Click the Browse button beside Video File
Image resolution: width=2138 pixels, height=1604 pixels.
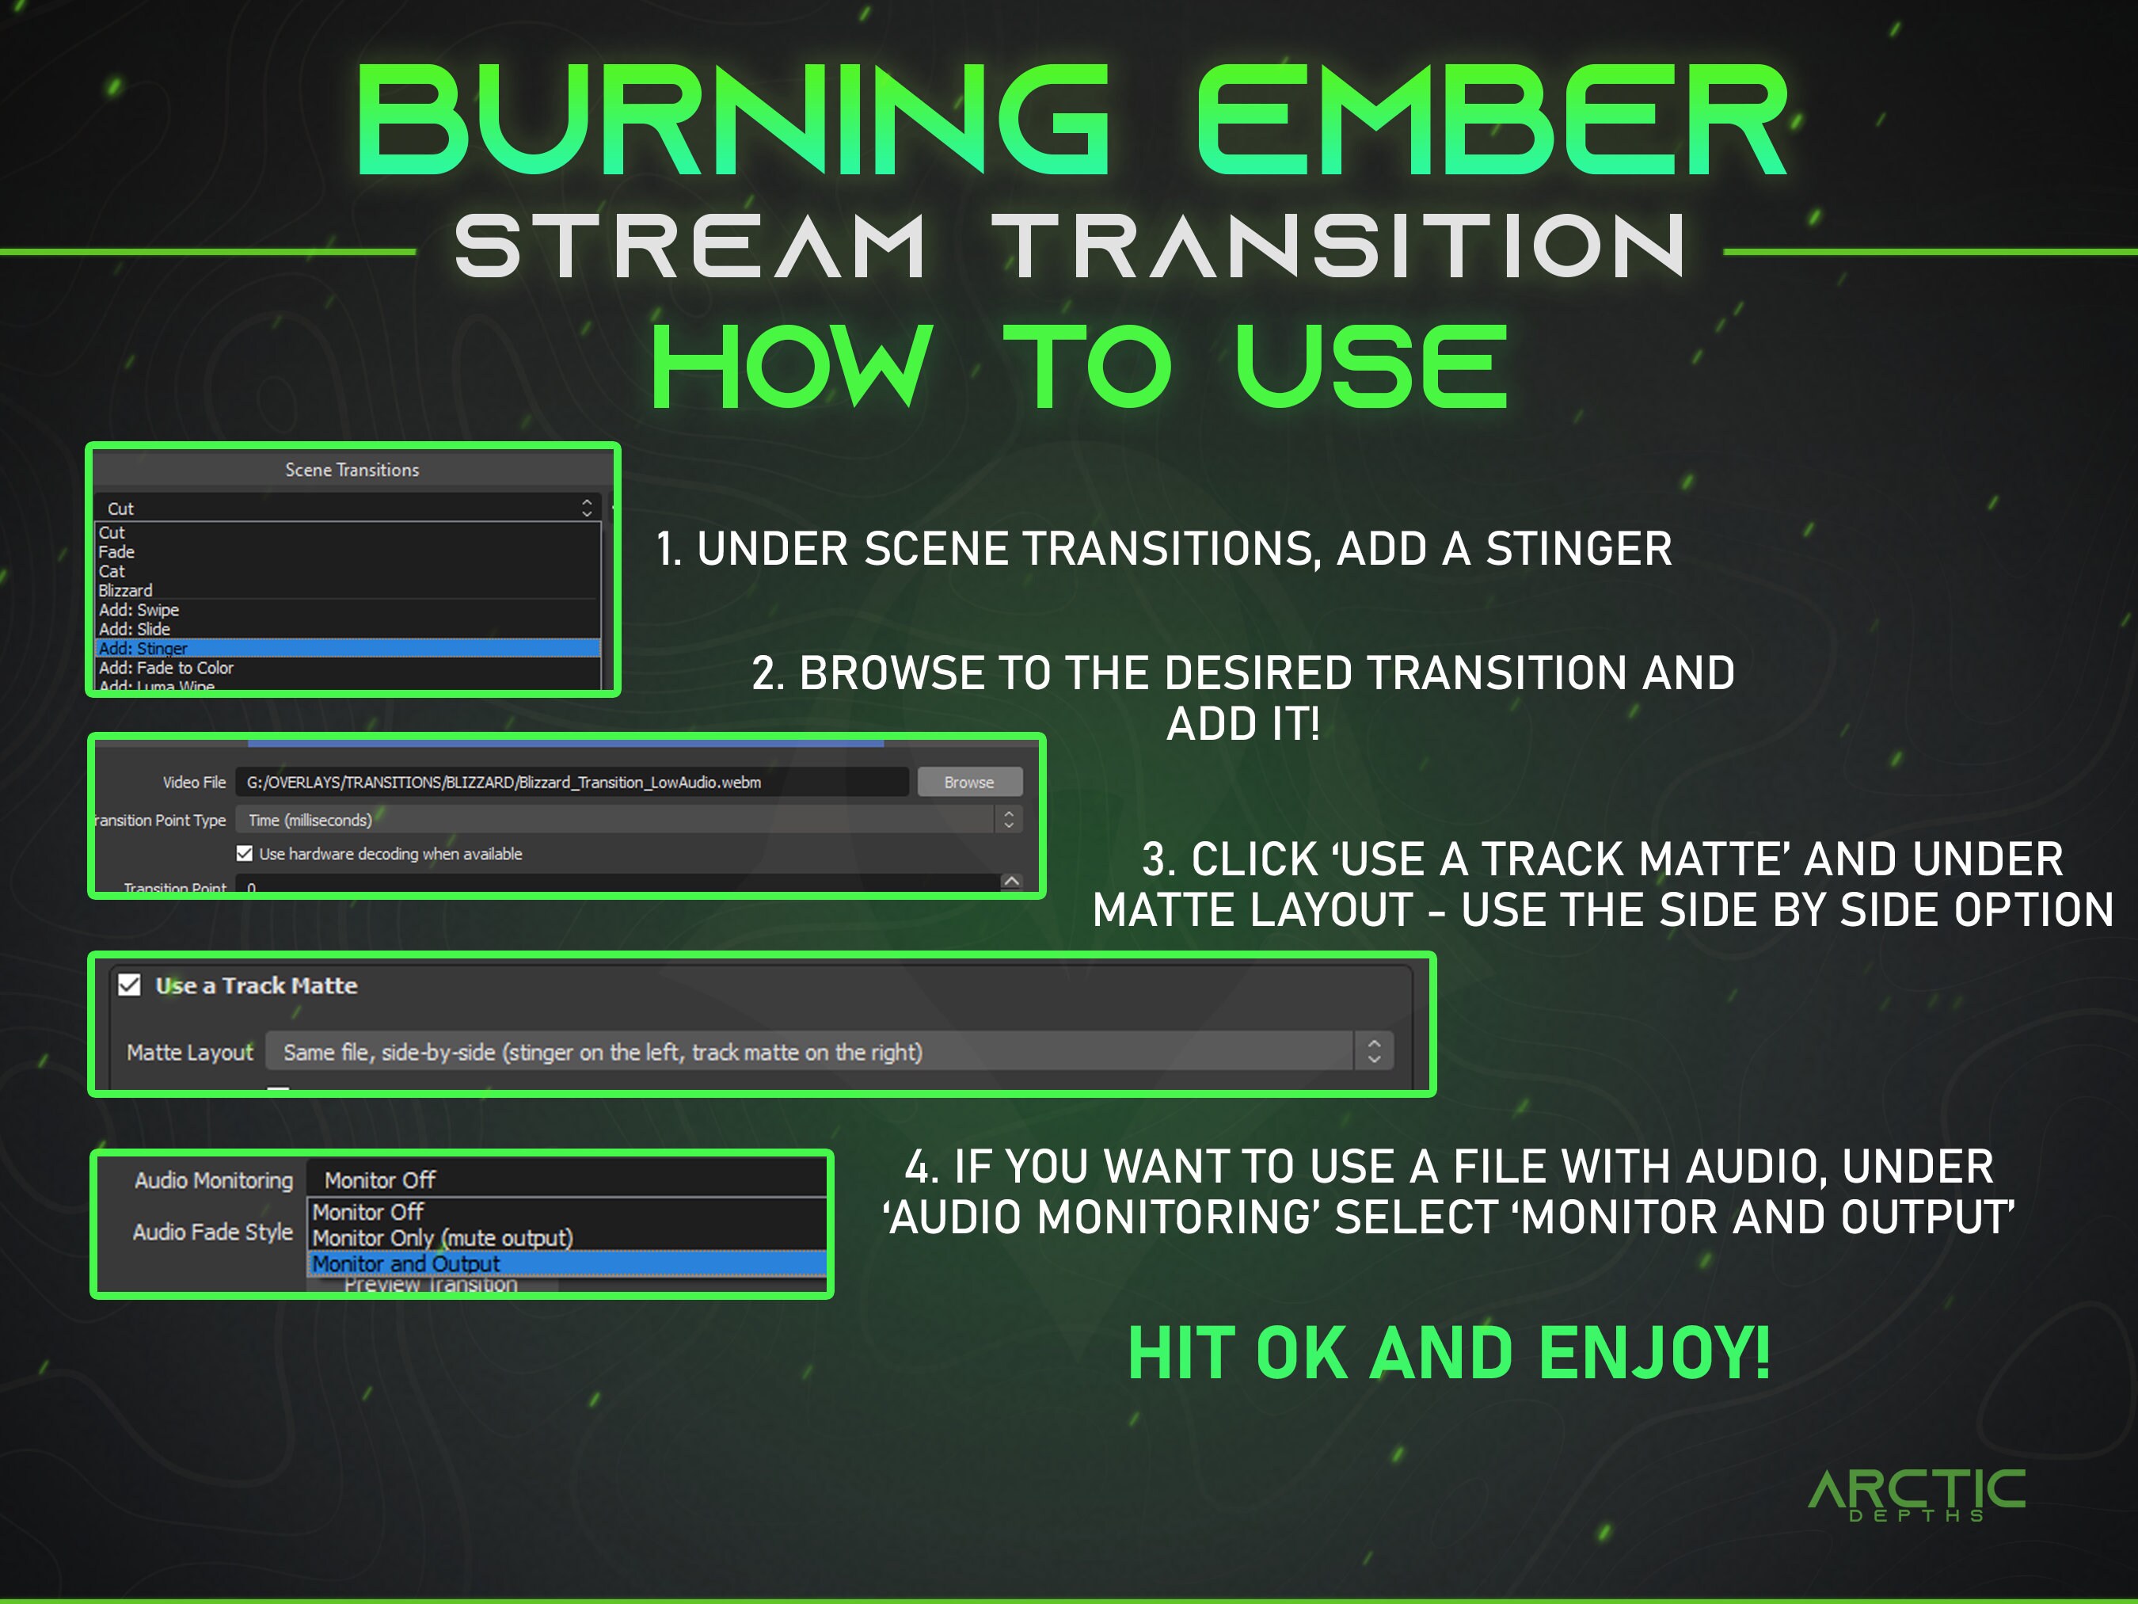[x=968, y=782]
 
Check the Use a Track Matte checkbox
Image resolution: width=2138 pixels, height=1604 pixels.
[x=130, y=985]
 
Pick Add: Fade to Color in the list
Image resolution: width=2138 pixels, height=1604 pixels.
[x=166, y=668]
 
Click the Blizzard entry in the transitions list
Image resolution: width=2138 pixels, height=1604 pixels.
[x=126, y=591]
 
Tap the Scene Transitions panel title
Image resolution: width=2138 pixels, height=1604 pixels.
[x=352, y=470]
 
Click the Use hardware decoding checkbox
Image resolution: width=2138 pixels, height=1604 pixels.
[x=245, y=854]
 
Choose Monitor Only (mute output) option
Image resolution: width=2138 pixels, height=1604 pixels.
[x=443, y=1237]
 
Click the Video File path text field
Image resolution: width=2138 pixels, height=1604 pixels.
[x=570, y=782]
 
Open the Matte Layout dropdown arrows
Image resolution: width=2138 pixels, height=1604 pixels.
[x=1373, y=1052]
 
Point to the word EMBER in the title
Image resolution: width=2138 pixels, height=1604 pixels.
[x=1493, y=121]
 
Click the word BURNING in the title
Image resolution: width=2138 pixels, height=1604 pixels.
[x=732, y=121]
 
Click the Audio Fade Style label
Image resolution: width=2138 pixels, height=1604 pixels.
[x=213, y=1232]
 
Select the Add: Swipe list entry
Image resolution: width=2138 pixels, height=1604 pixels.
[x=139, y=610]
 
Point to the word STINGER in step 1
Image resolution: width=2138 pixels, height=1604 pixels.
[x=1578, y=549]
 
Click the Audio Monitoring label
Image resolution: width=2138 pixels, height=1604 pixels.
[x=214, y=1180]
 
